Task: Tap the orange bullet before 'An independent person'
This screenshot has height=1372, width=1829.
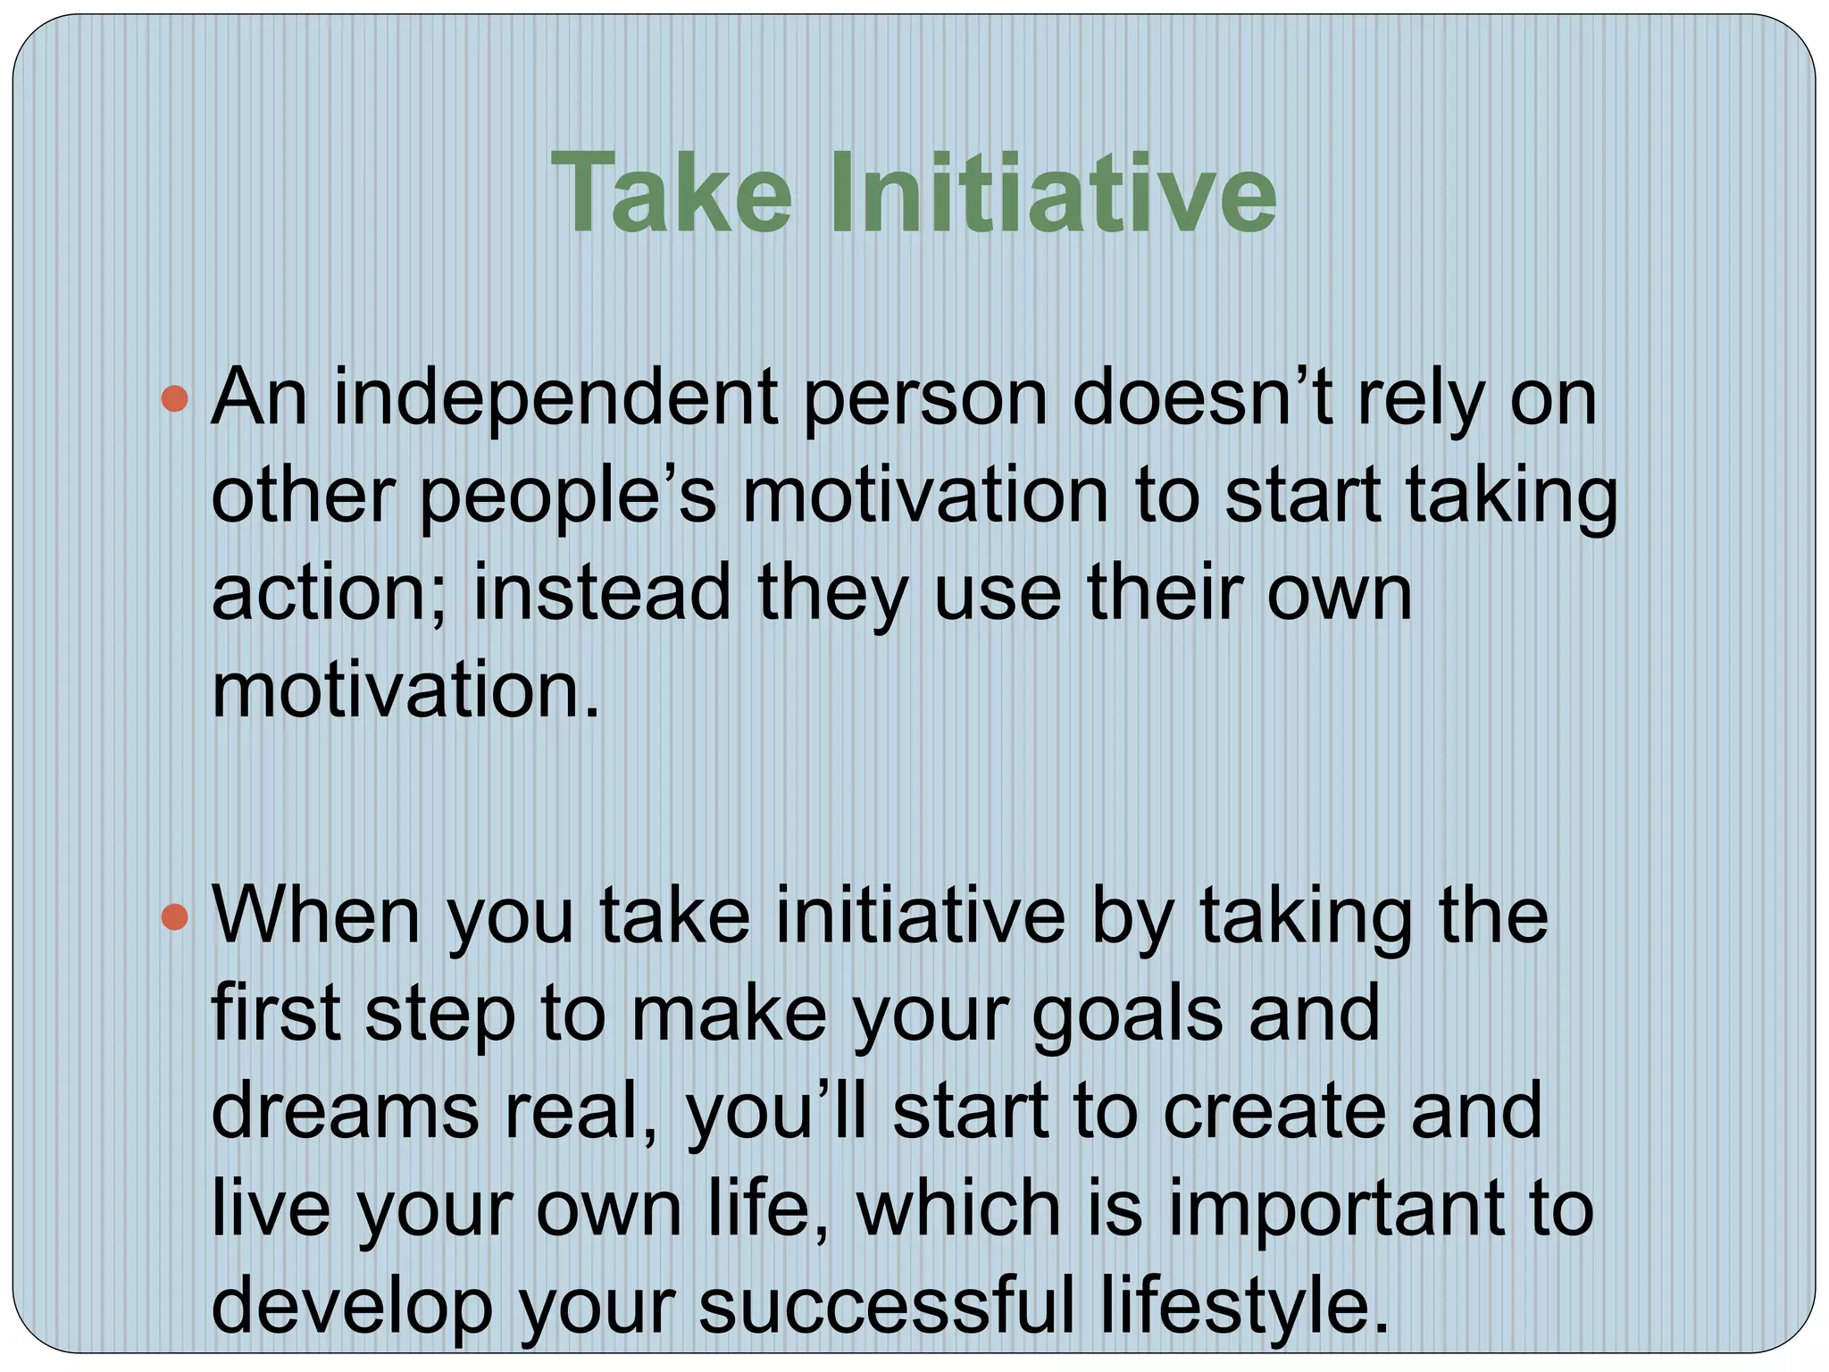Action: tap(175, 398)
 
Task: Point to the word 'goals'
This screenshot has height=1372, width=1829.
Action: tap(1126, 1016)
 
